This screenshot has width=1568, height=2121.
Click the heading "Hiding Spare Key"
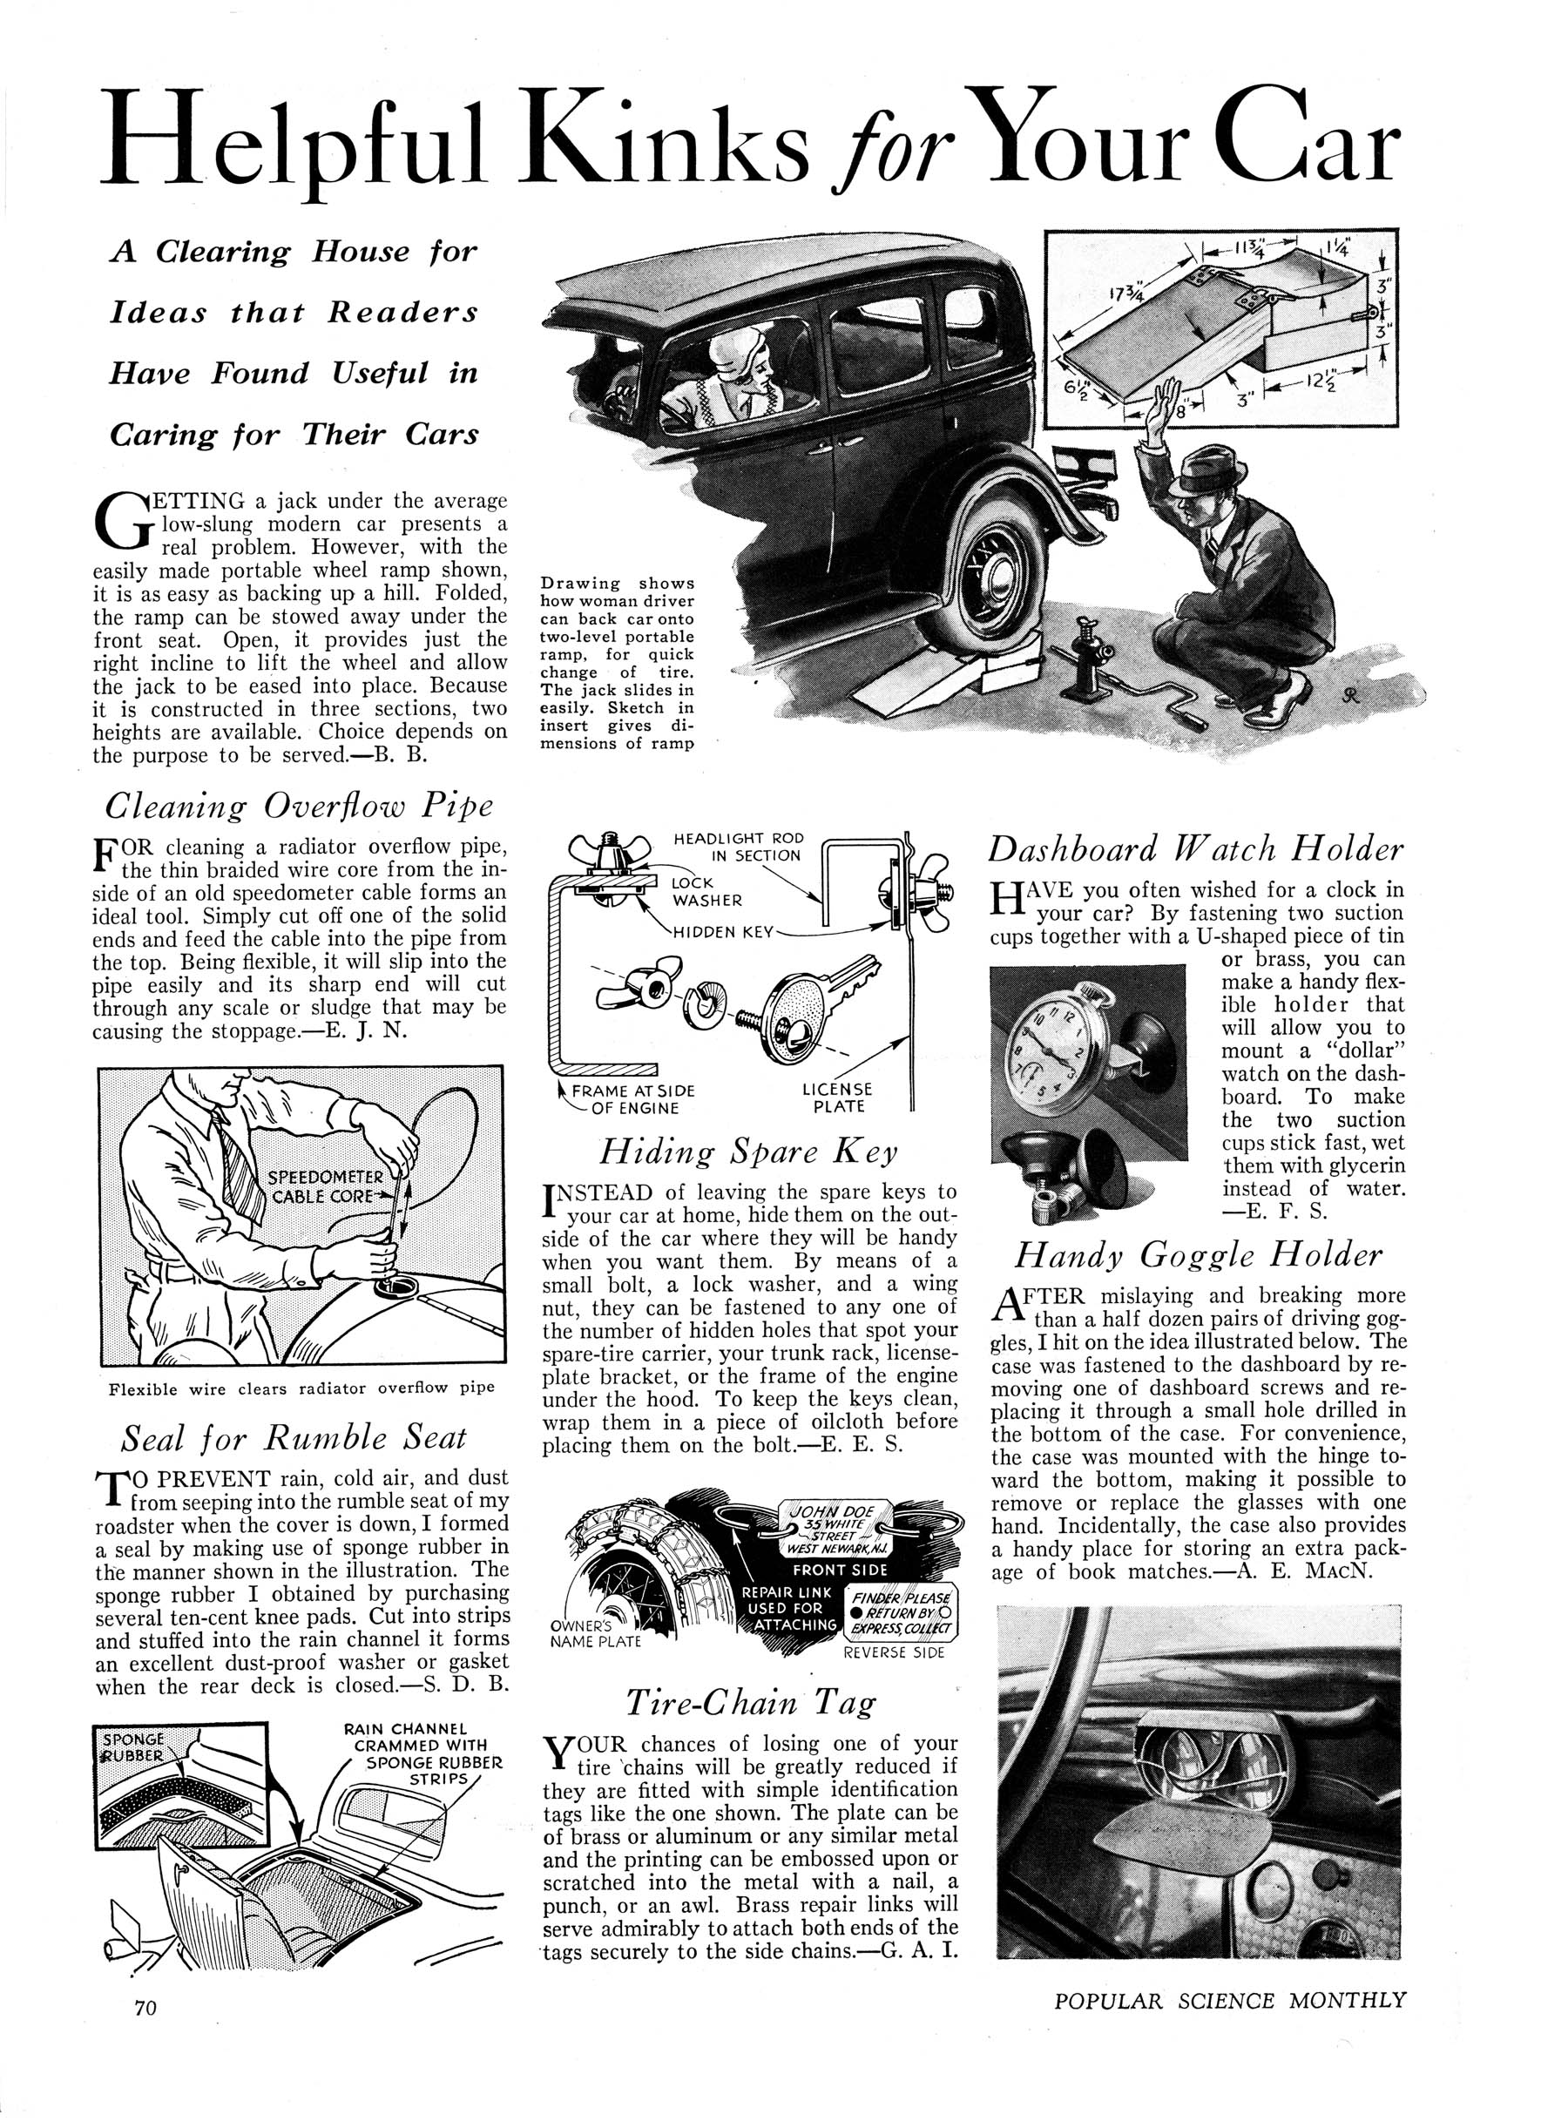[749, 1152]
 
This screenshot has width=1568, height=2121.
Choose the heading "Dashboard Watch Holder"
[1195, 848]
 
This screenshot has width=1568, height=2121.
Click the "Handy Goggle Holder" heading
[1198, 1254]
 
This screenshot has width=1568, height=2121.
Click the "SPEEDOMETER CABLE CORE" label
[326, 1186]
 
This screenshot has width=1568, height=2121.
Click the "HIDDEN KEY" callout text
[724, 932]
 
